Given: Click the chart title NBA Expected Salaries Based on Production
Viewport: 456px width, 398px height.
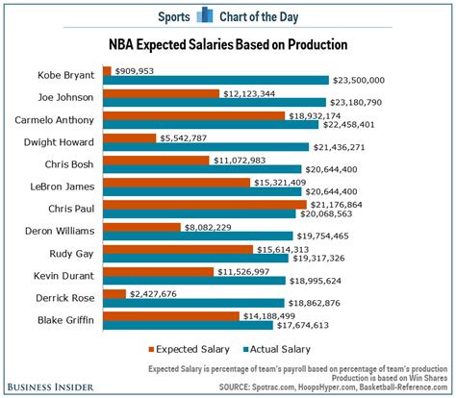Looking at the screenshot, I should pyautogui.click(x=227, y=45).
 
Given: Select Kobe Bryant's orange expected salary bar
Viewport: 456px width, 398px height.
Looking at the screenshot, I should pyautogui.click(x=106, y=70).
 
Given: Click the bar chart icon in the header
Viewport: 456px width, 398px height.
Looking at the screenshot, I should pyautogui.click(x=204, y=14).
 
